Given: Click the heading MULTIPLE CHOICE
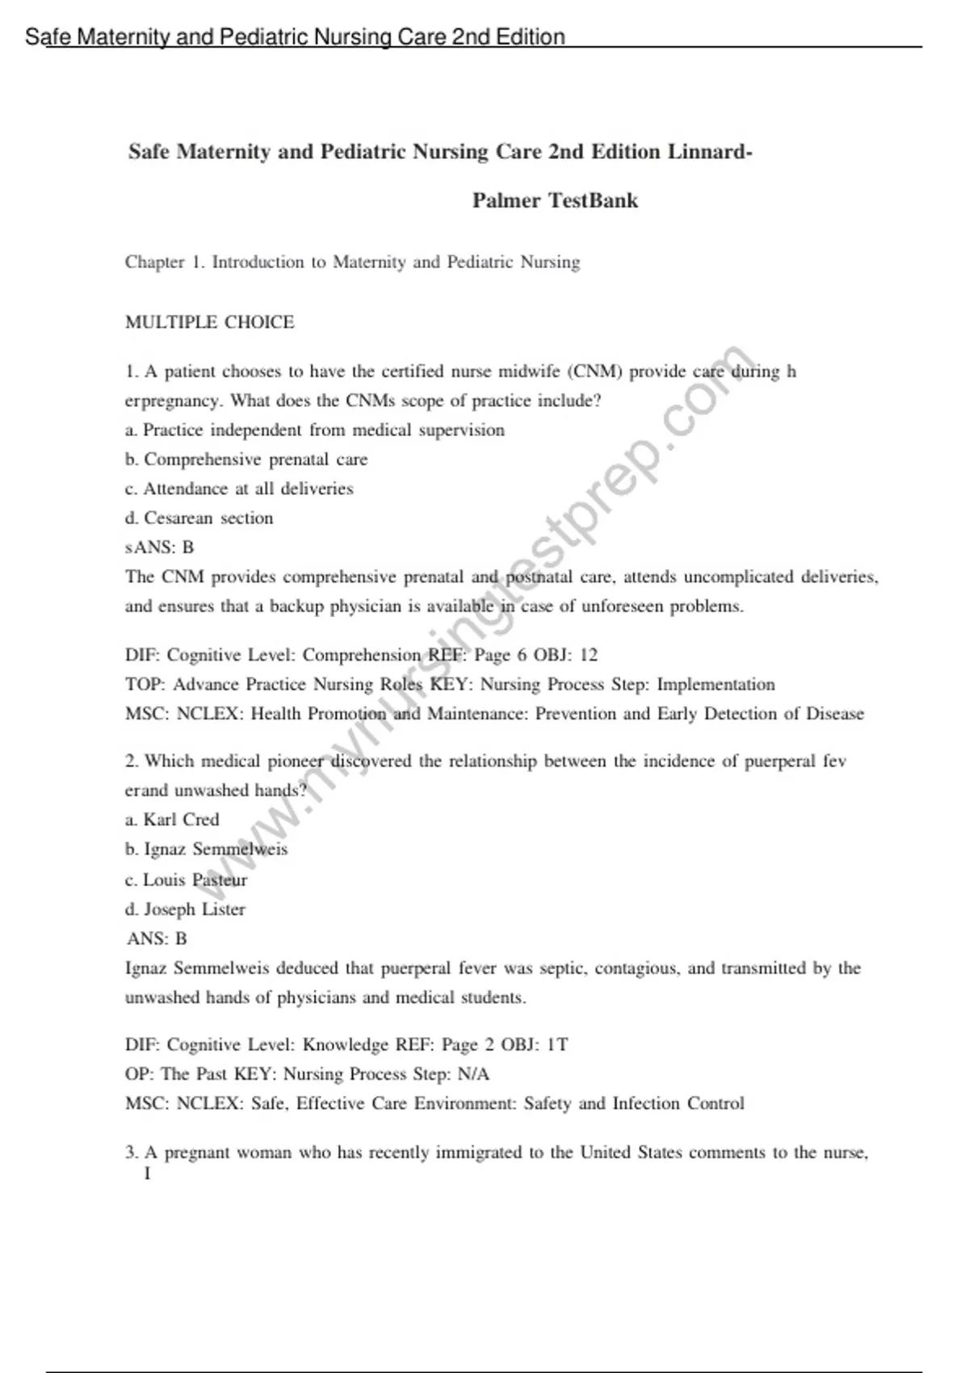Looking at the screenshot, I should (x=210, y=322).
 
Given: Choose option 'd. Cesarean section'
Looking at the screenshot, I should (x=199, y=519).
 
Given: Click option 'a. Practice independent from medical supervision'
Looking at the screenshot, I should (x=315, y=430).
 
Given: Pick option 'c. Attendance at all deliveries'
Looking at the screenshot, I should (x=239, y=489).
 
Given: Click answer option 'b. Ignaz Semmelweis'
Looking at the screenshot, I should (x=207, y=850).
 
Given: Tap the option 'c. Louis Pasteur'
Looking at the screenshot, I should (x=187, y=880).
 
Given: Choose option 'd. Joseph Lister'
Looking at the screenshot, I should (x=185, y=909).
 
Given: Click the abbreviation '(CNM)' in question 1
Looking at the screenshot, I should (x=595, y=372).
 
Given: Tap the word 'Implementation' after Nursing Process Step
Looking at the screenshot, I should (x=715, y=685).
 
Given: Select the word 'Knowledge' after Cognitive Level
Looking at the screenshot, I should (x=345, y=1045).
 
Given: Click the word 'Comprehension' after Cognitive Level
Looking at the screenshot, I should (x=361, y=655).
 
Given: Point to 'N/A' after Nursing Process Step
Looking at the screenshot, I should (x=472, y=1074).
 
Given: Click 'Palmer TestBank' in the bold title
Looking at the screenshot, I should (x=555, y=200).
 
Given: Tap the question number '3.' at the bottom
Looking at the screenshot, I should (x=132, y=1153).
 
